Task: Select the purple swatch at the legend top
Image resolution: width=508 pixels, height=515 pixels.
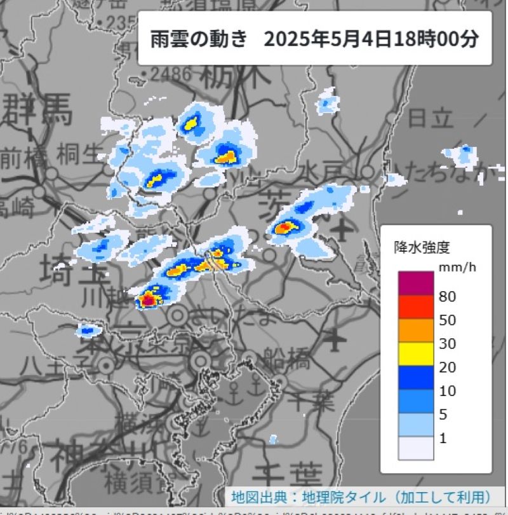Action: click(x=416, y=284)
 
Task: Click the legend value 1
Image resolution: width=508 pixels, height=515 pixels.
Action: click(x=443, y=438)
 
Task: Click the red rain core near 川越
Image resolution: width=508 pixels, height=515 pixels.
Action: click(x=149, y=298)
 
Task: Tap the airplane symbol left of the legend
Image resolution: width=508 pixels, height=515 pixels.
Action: click(x=343, y=229)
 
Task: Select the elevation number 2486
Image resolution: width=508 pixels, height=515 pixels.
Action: click(x=168, y=74)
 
